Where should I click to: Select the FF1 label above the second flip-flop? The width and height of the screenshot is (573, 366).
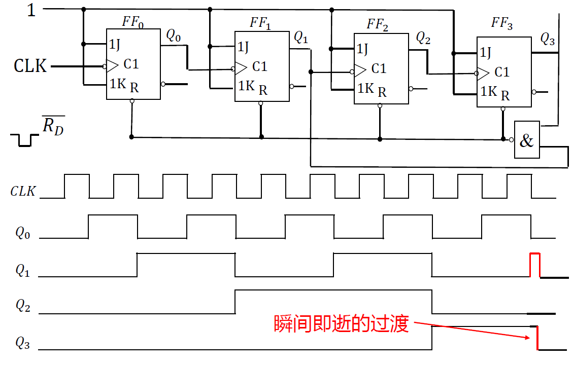click(x=260, y=23)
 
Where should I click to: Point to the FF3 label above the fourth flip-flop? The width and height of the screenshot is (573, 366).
click(x=501, y=23)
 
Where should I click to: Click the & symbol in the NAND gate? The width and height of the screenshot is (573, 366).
click(x=527, y=140)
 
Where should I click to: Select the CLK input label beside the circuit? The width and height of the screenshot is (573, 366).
click(x=30, y=66)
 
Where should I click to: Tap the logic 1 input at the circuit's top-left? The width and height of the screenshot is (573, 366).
click(x=31, y=10)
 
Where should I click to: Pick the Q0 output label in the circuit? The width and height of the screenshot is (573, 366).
click(x=173, y=35)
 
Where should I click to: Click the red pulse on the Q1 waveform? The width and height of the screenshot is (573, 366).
click(x=535, y=264)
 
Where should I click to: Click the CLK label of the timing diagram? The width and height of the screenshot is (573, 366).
click(x=23, y=192)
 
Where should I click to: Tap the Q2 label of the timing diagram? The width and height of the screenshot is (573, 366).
click(x=23, y=305)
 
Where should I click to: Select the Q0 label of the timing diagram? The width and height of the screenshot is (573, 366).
click(x=23, y=233)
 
